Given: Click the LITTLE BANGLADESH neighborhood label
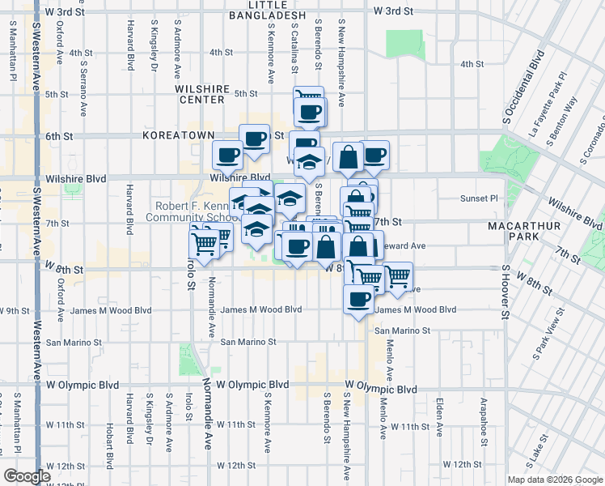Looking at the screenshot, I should tap(267, 10).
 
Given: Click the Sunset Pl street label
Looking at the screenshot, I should tap(480, 198).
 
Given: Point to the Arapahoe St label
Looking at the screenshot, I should tap(482, 415).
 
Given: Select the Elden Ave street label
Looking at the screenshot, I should tap(439, 415).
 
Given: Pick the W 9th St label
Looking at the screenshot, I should tap(15, 310).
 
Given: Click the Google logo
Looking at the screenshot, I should tap(27, 475).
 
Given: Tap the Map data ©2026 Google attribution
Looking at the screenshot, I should tap(554, 480).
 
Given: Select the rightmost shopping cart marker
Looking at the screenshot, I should tap(397, 276).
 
